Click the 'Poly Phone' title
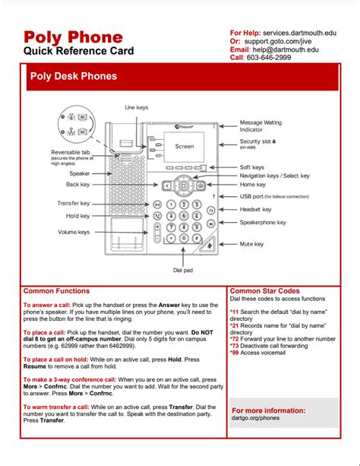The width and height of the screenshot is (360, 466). coord(72,37)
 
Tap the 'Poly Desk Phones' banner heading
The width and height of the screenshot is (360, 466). coord(74,76)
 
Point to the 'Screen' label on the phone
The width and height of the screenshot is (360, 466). coord(185,147)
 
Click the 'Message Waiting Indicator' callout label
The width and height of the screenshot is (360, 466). coord(261,126)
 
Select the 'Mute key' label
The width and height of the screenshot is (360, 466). coord(251,244)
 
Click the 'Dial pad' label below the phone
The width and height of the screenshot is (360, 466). coord(183,270)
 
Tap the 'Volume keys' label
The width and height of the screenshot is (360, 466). coord(74,232)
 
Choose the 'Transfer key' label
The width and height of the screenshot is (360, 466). coord(73,203)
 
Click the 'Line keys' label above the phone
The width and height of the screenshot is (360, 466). coord(137,108)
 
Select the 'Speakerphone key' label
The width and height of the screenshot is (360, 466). coord(263,223)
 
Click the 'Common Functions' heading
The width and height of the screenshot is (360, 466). coord(56,291)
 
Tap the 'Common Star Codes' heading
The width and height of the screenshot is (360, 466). coord(264,291)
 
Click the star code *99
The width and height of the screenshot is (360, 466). coord(235,353)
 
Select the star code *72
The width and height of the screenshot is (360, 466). coord(235,339)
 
